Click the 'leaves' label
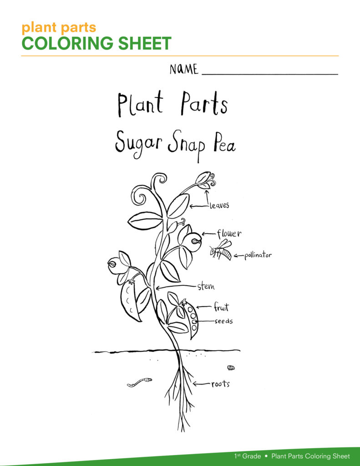point(219,205)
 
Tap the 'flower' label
point(229,233)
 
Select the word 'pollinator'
point(258,255)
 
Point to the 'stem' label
point(206,286)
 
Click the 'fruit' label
point(222,307)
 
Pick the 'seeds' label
point(223,321)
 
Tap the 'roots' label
point(221,384)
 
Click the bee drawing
point(221,251)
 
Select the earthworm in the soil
point(139,382)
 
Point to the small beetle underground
point(231,368)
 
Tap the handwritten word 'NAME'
point(184,69)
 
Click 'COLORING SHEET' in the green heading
point(96,43)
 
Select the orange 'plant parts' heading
point(59,27)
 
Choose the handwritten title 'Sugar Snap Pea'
point(175,145)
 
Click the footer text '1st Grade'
point(247,456)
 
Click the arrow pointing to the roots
point(202,384)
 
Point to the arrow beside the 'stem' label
point(176,287)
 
